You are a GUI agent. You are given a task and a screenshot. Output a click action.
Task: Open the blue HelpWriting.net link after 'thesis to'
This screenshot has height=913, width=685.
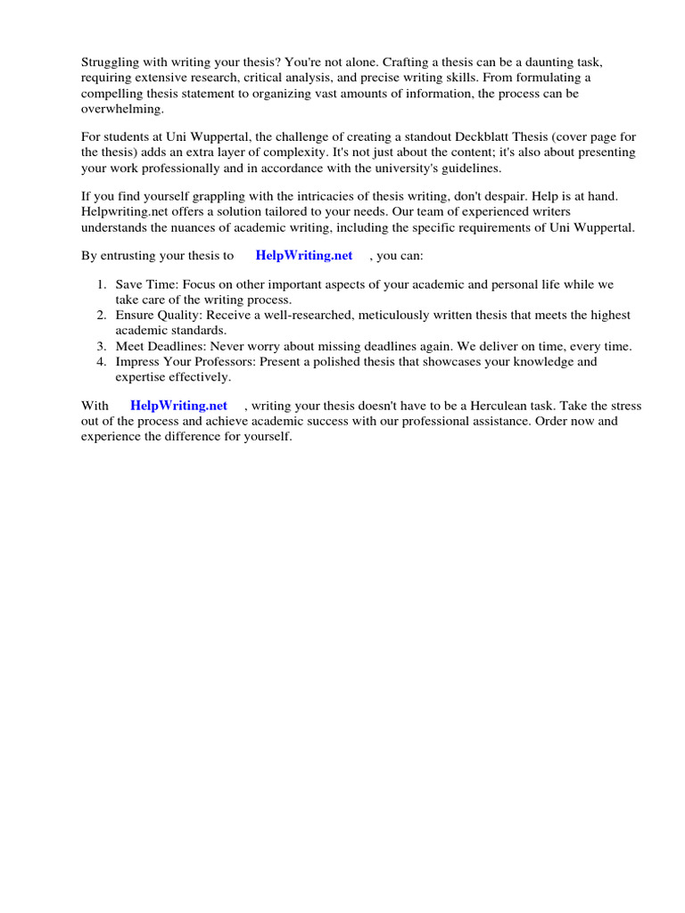tap(304, 256)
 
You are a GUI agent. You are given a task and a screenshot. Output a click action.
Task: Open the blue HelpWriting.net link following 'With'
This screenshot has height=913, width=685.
tap(178, 406)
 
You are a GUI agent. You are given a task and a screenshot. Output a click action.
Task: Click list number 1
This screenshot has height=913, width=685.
tap(102, 285)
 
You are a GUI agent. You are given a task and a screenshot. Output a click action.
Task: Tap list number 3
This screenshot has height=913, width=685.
tap(102, 346)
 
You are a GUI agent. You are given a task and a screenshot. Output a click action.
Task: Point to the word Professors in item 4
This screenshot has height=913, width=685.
tap(225, 362)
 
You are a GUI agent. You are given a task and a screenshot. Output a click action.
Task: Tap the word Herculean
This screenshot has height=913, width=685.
tap(490, 406)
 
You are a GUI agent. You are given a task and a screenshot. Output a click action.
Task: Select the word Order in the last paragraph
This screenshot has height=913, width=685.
tap(549, 421)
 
